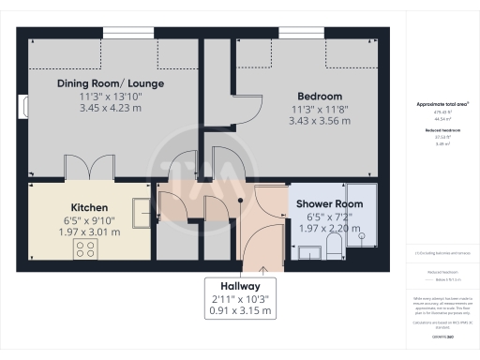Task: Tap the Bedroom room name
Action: (x=320, y=97)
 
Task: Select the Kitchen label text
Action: (x=89, y=207)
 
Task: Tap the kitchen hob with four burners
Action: (x=85, y=248)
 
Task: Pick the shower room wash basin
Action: (x=307, y=250)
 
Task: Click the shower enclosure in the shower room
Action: (x=364, y=216)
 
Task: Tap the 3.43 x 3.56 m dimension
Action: (x=320, y=120)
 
